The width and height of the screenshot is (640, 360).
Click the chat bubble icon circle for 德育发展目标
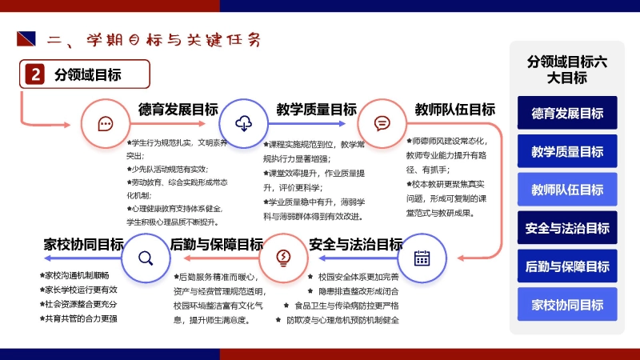coord(105,123)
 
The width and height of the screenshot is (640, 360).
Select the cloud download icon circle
coord(242,123)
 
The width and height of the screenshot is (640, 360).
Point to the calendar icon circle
coord(421,258)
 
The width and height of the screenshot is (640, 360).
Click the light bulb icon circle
coord(282,258)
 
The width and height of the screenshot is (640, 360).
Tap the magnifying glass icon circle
coord(145,258)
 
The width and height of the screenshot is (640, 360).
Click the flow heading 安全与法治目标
coord(355,244)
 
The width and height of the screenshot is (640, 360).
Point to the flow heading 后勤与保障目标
coord(217,244)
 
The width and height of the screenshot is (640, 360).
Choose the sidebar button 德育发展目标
coord(567,113)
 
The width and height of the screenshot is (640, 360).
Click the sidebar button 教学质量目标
coord(567,151)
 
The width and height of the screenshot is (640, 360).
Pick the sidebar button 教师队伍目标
coord(567,190)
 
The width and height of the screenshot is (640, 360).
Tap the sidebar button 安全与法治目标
coord(567,228)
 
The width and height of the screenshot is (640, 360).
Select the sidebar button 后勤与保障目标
coord(567,266)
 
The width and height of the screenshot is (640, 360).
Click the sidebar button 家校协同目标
coord(567,305)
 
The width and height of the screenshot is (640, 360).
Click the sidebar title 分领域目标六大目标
coord(567,69)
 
